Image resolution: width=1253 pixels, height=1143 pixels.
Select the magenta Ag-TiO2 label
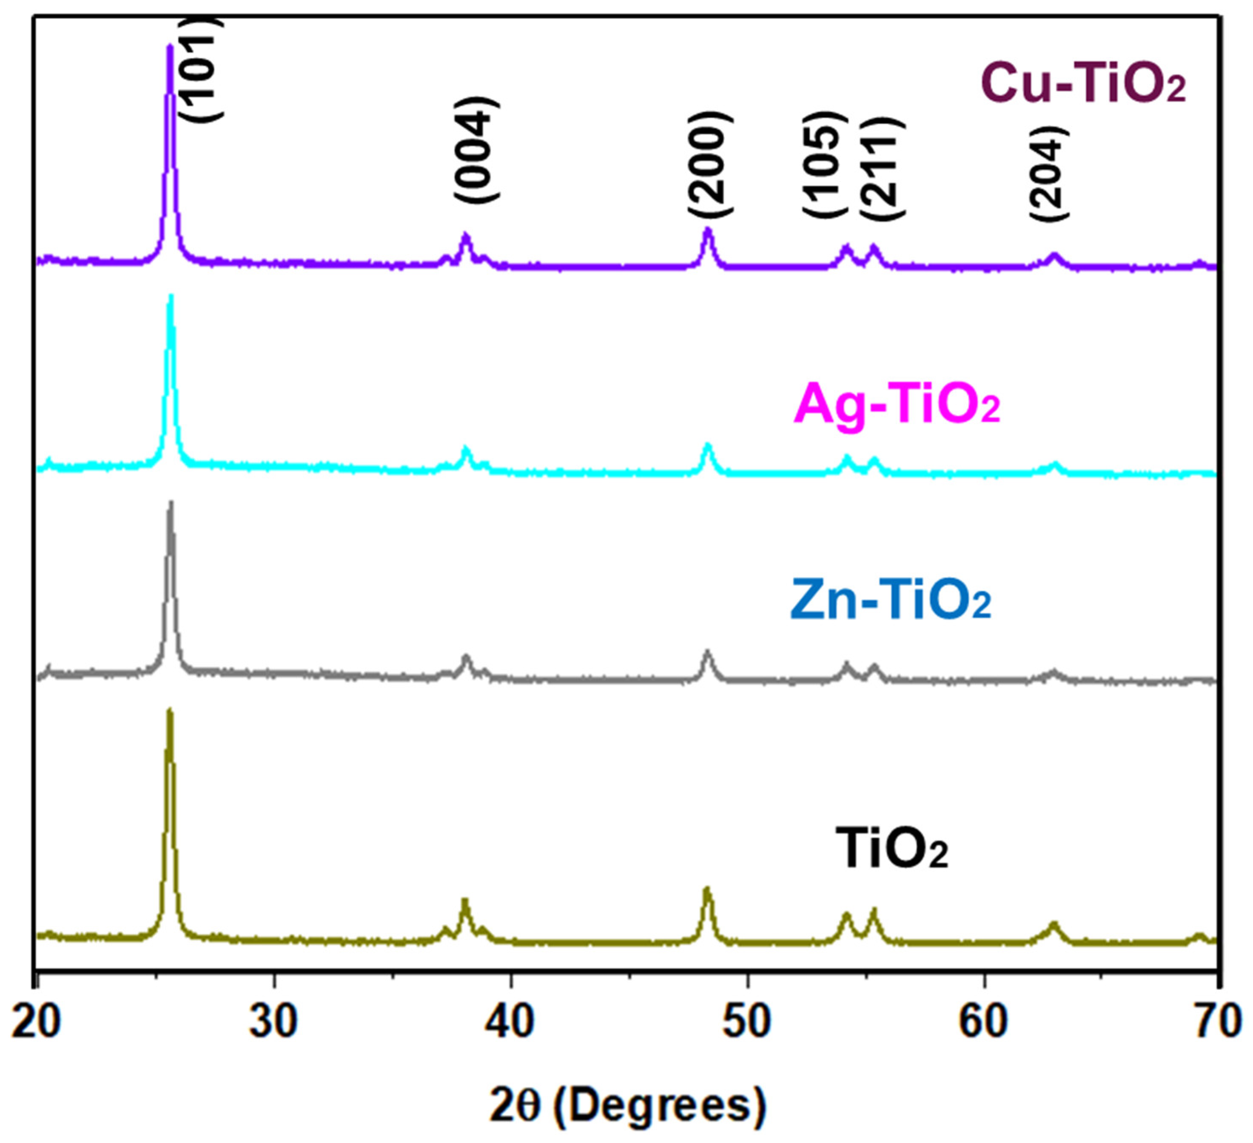tap(897, 405)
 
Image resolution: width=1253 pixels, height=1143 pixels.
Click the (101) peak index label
tap(202, 68)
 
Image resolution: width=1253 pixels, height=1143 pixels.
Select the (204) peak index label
tap(1049, 173)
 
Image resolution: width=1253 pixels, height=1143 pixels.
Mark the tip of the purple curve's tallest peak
tap(169, 46)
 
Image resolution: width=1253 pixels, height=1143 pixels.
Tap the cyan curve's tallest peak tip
tap(171, 297)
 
